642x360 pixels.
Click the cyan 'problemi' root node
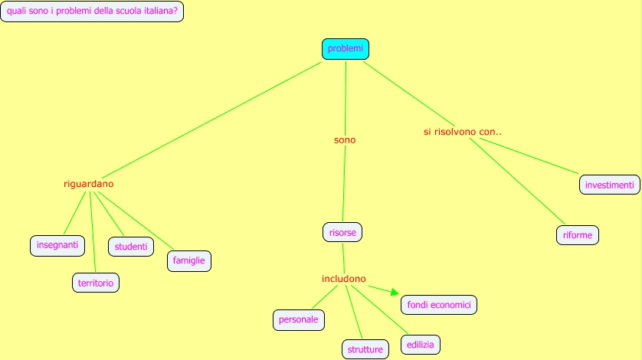click(345, 49)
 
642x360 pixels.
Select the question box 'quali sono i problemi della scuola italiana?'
click(92, 12)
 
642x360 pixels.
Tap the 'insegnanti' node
click(57, 245)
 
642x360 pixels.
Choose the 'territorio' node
click(96, 283)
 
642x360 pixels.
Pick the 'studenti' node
click(131, 246)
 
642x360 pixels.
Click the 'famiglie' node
click(188, 260)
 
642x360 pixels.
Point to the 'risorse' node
click(342, 231)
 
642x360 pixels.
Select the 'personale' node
click(299, 319)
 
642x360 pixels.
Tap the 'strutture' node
click(365, 349)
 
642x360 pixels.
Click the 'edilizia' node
click(421, 345)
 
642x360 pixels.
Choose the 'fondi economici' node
click(439, 304)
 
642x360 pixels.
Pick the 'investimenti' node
click(609, 185)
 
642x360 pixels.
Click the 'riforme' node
click(577, 235)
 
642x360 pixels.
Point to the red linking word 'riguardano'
click(88, 184)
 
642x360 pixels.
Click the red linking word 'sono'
click(345, 140)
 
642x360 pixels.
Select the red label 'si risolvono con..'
click(462, 132)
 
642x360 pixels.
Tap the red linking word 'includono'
click(343, 278)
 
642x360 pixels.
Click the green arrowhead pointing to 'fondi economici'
click(394, 292)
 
